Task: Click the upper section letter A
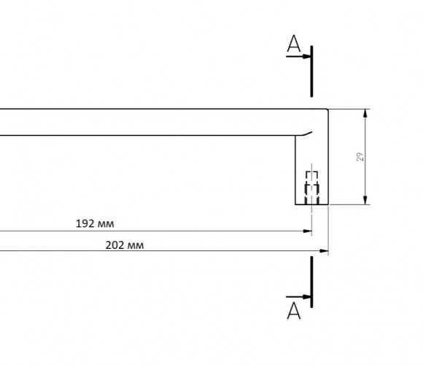[x=294, y=44]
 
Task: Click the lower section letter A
[x=294, y=311]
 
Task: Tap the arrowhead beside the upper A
[x=307, y=56]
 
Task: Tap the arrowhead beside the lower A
[x=307, y=296]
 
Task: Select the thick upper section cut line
[x=311, y=72]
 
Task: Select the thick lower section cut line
[x=311, y=282]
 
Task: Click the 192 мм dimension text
[x=95, y=224]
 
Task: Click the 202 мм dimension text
[x=125, y=245]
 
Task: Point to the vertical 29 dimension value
[x=360, y=156]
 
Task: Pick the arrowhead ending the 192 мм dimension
[x=308, y=231]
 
